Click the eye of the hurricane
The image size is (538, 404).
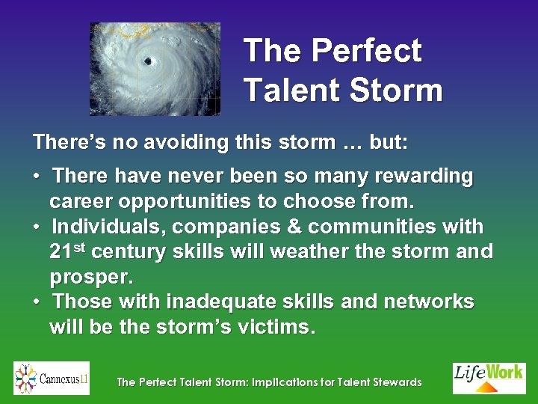(x=148, y=61)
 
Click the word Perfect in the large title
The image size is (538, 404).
(x=366, y=51)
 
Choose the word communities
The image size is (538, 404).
(x=384, y=226)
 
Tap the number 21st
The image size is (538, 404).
(x=67, y=251)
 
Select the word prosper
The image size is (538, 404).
(x=90, y=277)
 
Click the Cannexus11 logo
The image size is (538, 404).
(x=52, y=378)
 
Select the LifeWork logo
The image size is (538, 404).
(x=489, y=378)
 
